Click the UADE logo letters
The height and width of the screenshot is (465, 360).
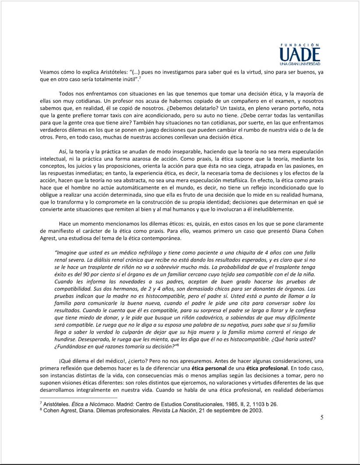coord(300,55)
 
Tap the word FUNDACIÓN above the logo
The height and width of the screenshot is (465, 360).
coord(300,45)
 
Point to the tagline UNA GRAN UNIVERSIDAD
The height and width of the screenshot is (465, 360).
coord(300,65)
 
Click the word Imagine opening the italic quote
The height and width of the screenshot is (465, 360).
coord(67,253)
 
